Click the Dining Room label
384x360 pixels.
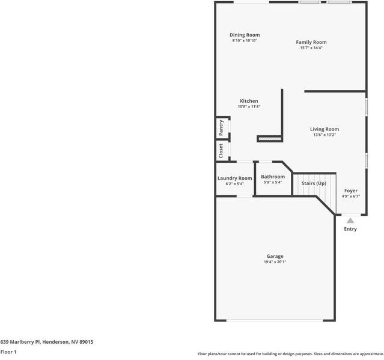(245, 35)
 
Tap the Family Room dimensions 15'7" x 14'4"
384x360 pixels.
(311, 48)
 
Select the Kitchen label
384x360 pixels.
(249, 101)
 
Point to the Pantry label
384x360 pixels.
(221, 127)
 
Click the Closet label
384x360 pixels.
(221, 150)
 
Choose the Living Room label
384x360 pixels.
(325, 129)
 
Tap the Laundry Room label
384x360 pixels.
(234, 178)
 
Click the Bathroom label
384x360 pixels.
(273, 177)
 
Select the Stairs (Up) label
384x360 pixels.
(314, 183)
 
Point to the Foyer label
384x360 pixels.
(350, 191)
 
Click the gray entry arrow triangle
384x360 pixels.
(350, 221)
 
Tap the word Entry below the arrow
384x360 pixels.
(350, 229)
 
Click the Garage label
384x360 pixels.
(275, 257)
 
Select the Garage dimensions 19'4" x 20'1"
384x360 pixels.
(275, 262)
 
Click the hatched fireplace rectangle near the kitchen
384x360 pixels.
(270, 139)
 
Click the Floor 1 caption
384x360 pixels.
(8, 352)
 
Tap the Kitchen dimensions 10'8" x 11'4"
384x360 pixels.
(249, 106)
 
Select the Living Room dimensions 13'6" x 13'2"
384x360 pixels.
(325, 135)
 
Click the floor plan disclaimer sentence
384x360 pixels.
(290, 354)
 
